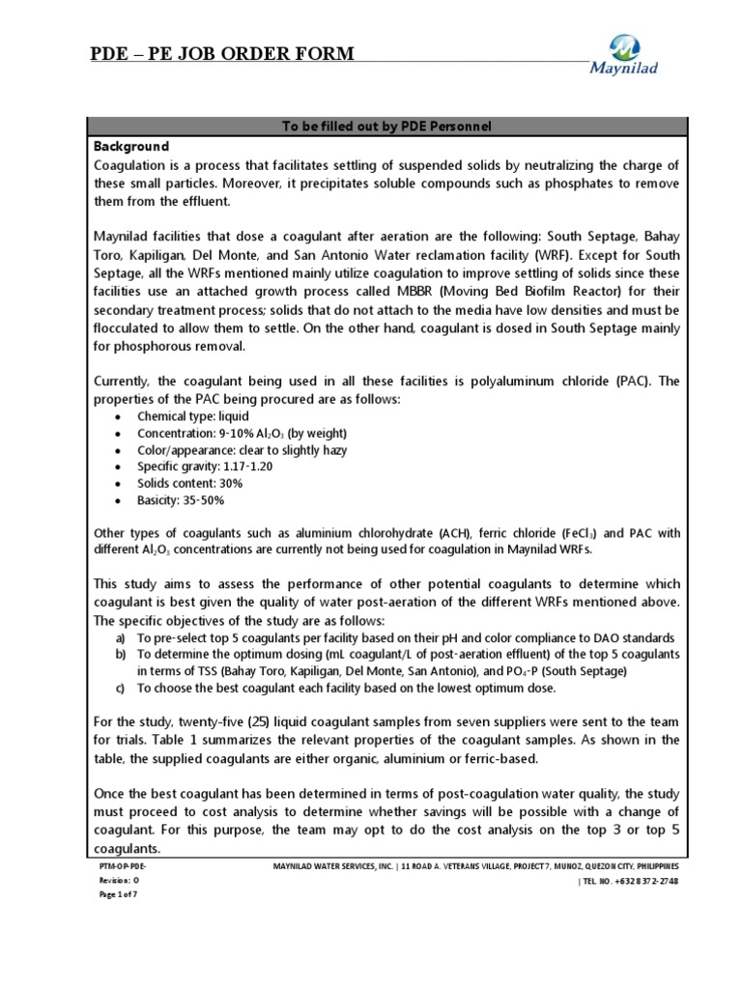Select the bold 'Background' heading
(x=130, y=147)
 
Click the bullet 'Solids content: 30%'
(x=189, y=483)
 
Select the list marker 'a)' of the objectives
(x=120, y=638)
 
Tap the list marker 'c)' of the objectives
(x=120, y=689)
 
